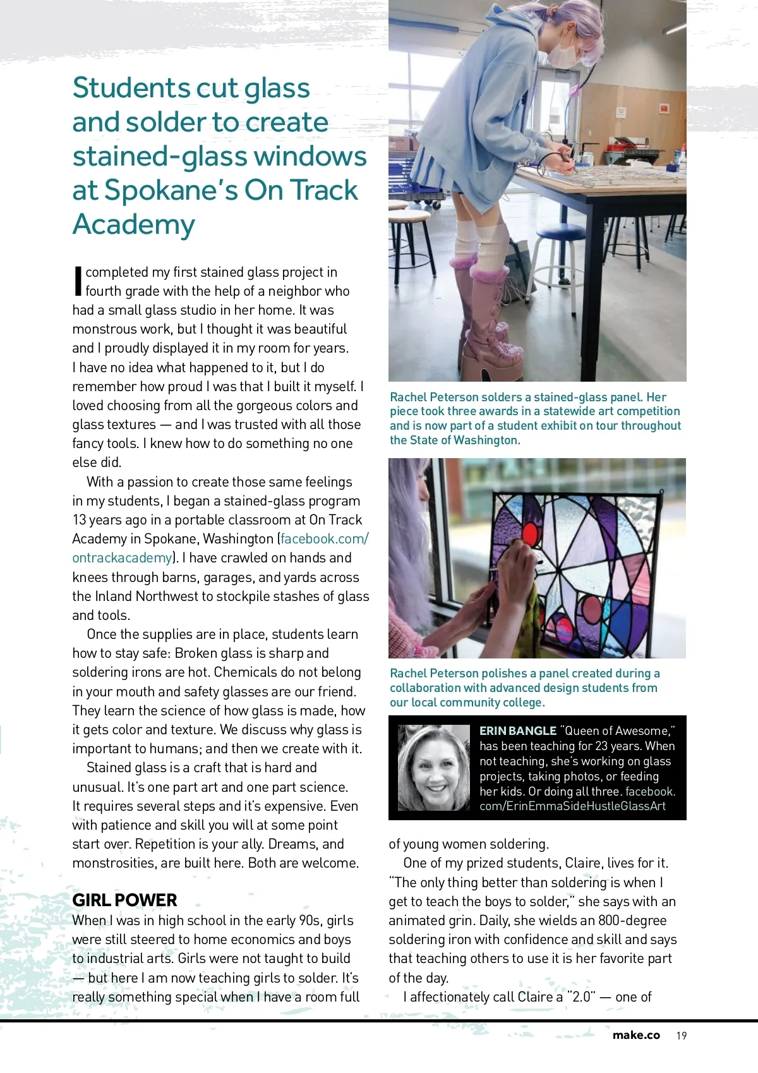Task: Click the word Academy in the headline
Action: pyautogui.click(x=134, y=225)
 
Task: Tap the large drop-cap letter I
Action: pyautogui.click(x=78, y=281)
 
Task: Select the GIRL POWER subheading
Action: pyautogui.click(x=124, y=900)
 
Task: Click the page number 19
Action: pyautogui.click(x=681, y=1036)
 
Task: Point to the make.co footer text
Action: pyautogui.click(x=635, y=1035)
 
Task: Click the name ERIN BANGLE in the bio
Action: pyautogui.click(x=517, y=730)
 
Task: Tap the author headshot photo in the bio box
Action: pyautogui.click(x=434, y=768)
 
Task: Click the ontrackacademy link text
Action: pyautogui.click(x=122, y=558)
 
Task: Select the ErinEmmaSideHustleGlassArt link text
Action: pyautogui.click(x=572, y=806)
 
